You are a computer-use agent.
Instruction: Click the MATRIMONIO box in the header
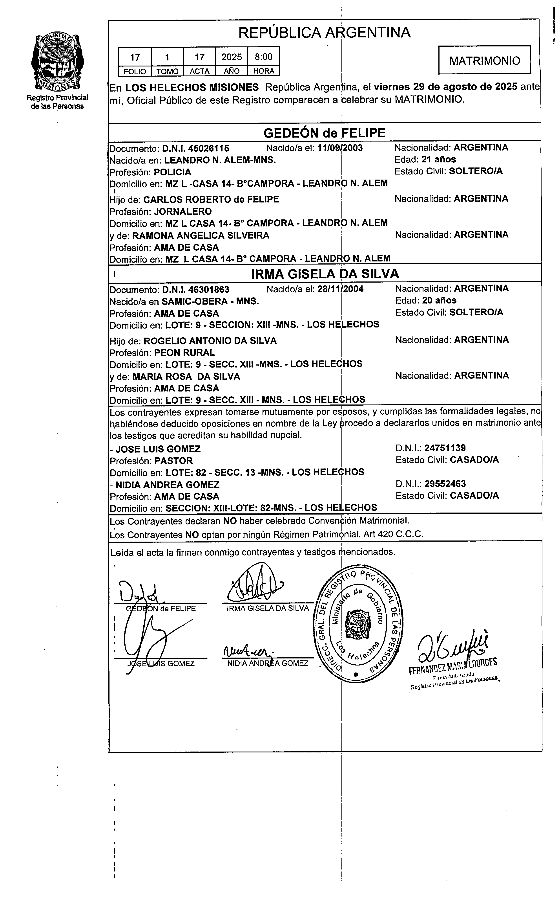pos(484,61)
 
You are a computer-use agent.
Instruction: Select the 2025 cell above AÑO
pos(232,57)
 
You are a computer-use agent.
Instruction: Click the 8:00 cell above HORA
pos(264,57)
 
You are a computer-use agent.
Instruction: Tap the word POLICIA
pos(172,172)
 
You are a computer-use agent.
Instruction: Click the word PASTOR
pos(174,460)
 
